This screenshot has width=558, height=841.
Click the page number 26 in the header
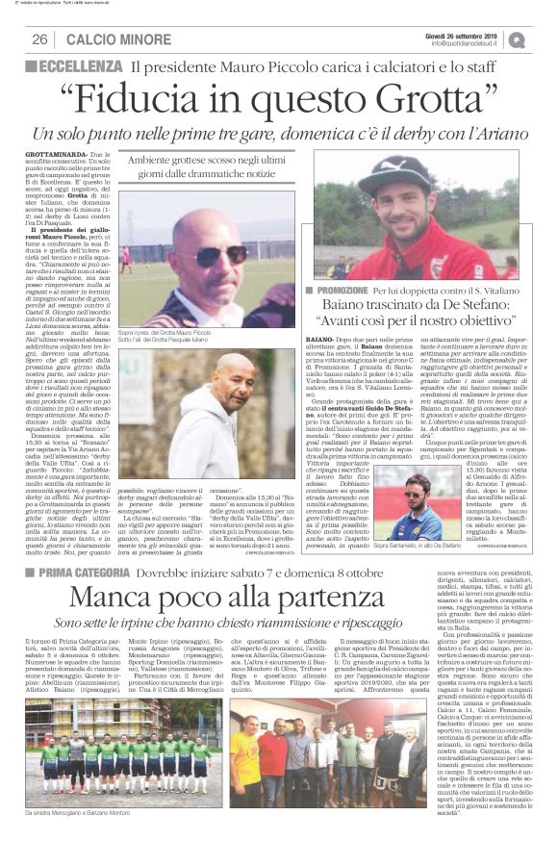[x=40, y=39]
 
